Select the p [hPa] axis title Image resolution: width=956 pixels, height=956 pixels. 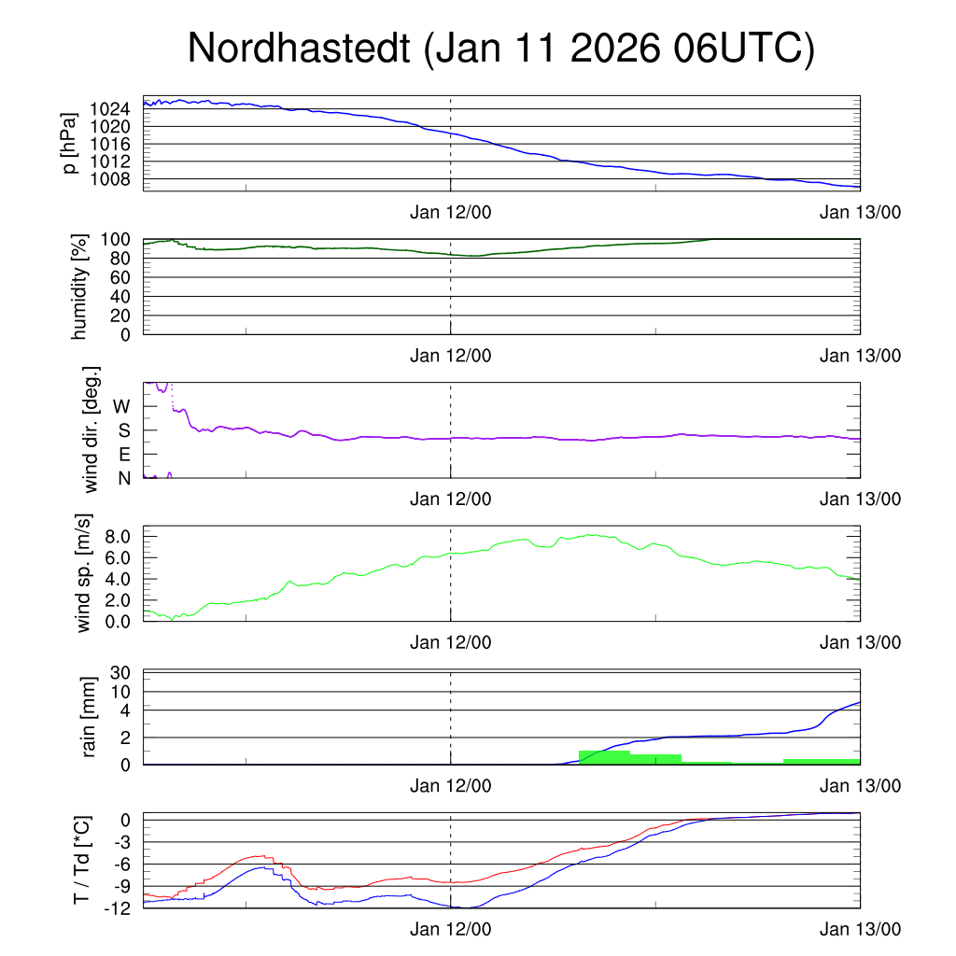(69, 142)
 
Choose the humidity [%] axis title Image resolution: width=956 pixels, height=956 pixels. (78, 287)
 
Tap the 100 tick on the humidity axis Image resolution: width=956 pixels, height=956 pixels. (115, 239)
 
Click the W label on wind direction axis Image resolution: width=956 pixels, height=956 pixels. (121, 407)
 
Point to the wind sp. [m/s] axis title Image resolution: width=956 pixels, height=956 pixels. (84, 573)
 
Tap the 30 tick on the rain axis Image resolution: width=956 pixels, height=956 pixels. (119, 673)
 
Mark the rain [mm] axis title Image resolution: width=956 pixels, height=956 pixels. (91, 718)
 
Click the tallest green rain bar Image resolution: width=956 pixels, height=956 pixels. (604, 757)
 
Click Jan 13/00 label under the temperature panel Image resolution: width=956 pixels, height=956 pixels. (860, 930)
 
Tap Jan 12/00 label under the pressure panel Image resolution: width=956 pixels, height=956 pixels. (450, 212)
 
